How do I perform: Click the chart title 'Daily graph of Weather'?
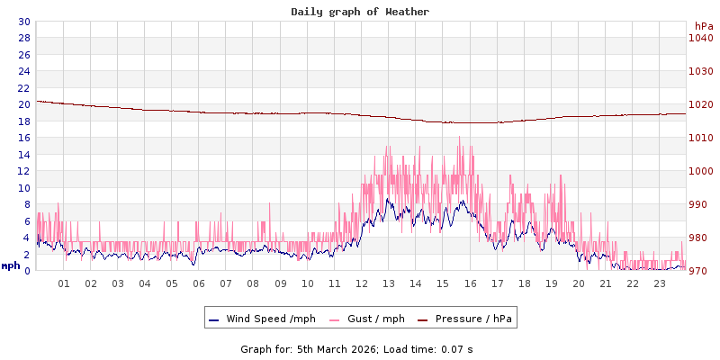click(x=360, y=12)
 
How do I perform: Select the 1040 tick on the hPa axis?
click(x=700, y=38)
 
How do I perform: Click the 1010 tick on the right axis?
click(x=700, y=138)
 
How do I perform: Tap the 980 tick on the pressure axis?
click(x=700, y=238)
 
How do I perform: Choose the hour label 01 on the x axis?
click(x=64, y=283)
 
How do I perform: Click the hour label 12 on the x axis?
click(x=362, y=283)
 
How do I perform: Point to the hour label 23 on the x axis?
click(x=660, y=283)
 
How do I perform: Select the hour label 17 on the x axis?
click(x=497, y=283)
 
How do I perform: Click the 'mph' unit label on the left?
click(x=11, y=265)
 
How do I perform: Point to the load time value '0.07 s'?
click(x=456, y=348)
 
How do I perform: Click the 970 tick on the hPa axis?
click(x=700, y=271)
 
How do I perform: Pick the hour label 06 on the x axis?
click(x=199, y=283)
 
